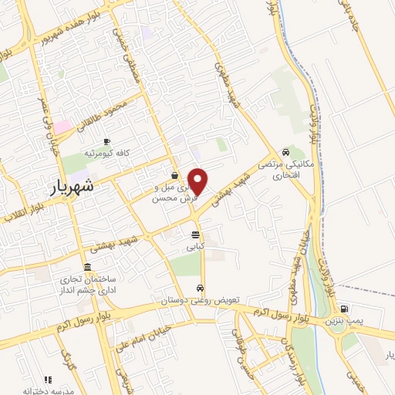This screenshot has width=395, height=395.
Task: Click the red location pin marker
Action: (x=198, y=181)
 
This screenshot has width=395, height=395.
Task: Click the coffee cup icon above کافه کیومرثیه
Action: (x=106, y=140)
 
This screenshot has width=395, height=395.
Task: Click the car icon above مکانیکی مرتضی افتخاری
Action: (x=286, y=152)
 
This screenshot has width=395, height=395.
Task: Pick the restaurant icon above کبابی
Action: (x=196, y=235)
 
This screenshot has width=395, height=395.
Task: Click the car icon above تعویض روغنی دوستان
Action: (x=200, y=289)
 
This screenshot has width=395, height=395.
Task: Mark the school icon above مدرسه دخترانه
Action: (x=48, y=380)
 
